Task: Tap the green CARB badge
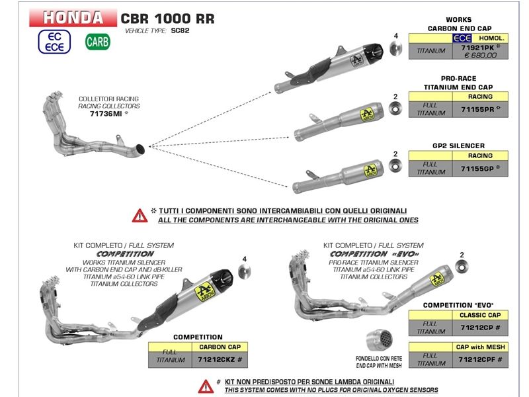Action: [97, 42]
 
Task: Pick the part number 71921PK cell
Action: [481, 48]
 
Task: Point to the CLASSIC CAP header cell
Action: [479, 316]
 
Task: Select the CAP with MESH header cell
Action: [479, 347]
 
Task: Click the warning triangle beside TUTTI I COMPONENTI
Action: [140, 215]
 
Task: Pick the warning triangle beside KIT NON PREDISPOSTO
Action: [206, 386]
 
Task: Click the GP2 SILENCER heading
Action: [458, 146]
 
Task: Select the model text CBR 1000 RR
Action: [167, 18]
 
